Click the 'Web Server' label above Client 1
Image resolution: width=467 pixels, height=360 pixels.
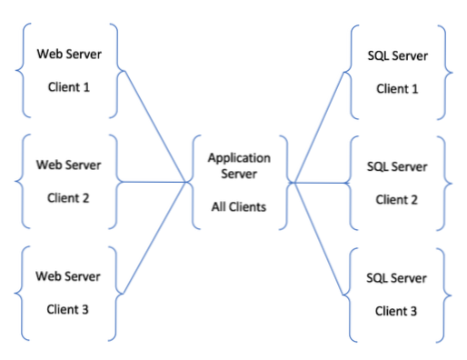click(x=68, y=54)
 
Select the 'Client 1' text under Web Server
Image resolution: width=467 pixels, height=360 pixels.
click(x=68, y=88)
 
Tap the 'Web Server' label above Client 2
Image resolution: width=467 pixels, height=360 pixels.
click(x=68, y=165)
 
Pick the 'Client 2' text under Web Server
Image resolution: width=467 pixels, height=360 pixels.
click(x=68, y=199)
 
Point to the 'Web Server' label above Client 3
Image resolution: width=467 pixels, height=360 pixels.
click(x=68, y=275)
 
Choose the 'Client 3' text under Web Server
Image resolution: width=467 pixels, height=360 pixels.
click(x=68, y=309)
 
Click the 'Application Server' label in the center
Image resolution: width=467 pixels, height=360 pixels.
click(x=238, y=165)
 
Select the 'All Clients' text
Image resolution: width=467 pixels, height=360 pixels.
click(x=238, y=206)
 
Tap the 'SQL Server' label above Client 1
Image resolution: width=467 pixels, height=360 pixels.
click(x=396, y=56)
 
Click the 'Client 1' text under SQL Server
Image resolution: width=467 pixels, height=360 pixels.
click(x=396, y=90)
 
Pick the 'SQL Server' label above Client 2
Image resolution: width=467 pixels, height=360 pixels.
click(x=396, y=166)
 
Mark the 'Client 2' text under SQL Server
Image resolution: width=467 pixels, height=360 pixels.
click(x=396, y=200)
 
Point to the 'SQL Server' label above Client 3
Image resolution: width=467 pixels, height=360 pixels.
click(x=396, y=277)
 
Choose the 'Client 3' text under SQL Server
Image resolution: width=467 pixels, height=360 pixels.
click(x=396, y=311)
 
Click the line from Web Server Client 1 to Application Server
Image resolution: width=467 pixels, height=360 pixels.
click(x=154, y=127)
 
